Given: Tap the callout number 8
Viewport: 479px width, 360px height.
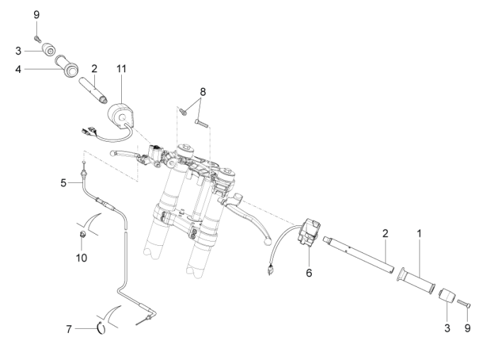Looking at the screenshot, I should coord(203,91).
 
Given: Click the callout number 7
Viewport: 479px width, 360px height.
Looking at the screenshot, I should coord(69,327).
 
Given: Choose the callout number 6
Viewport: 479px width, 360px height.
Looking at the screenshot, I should coord(309,271).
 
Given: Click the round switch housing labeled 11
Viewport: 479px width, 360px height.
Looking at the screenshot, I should coord(118,113).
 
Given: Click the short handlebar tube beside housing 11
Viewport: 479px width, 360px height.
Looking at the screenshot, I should coord(95,91).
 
